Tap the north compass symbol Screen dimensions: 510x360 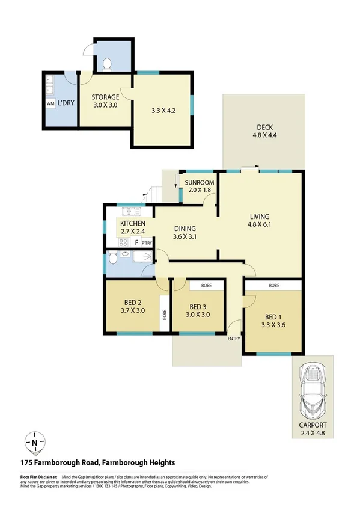[35, 443]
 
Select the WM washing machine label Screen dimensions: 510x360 [50, 103]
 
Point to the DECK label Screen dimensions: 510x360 [265, 127]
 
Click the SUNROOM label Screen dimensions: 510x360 [199, 183]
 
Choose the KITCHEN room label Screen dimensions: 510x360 [132, 224]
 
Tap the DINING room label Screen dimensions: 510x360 [185, 228]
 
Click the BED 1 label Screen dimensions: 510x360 [274, 319]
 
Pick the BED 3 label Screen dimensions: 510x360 [198, 306]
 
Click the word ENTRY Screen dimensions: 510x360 [233, 339]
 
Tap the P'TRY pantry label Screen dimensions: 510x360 [146, 242]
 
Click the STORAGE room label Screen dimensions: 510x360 [105, 97]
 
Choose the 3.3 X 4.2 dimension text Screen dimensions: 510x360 [162, 111]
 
